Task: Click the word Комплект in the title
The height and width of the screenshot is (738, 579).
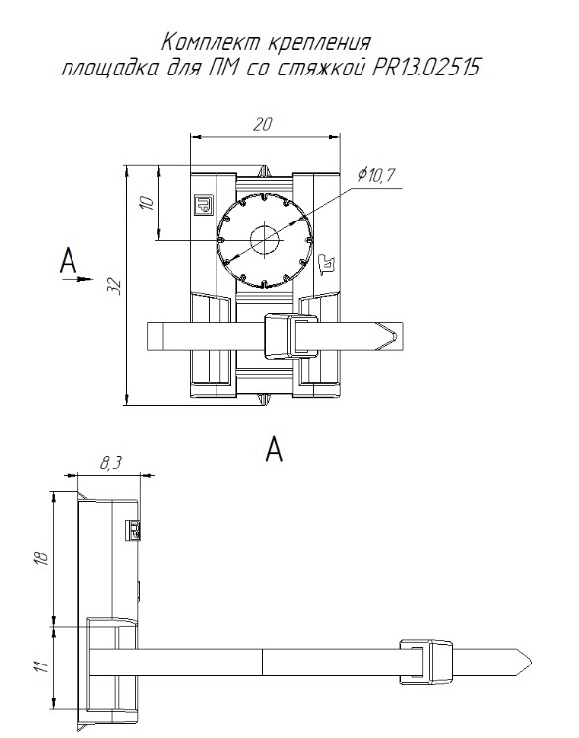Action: click(x=213, y=43)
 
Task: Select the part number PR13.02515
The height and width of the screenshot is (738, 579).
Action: click(x=426, y=68)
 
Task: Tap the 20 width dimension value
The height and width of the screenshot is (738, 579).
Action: click(x=263, y=125)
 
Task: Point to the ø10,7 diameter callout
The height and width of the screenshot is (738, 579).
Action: click(x=375, y=175)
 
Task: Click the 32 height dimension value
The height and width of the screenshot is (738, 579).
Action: click(x=117, y=287)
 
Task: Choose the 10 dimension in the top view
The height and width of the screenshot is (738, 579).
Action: click(x=147, y=203)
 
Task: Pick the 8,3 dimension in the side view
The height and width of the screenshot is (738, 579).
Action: click(x=110, y=463)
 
